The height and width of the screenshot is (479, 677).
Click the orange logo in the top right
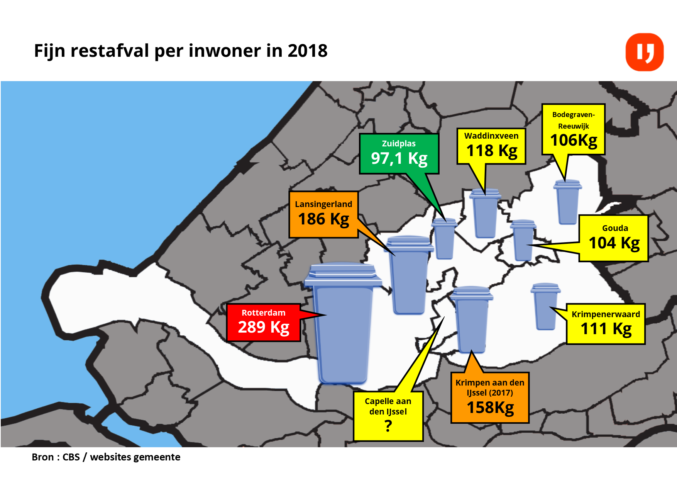click(x=644, y=52)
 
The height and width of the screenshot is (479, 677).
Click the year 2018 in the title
click(x=307, y=51)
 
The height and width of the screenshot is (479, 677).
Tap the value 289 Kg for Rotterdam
click(x=263, y=327)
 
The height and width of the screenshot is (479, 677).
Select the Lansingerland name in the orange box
click(x=323, y=204)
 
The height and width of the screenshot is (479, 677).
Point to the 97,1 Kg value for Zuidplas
click(x=399, y=158)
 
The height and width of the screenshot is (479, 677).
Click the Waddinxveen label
click(x=491, y=136)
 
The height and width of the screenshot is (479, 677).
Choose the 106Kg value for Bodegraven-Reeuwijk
click(x=573, y=140)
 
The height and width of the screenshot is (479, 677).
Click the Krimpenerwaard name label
click(x=606, y=314)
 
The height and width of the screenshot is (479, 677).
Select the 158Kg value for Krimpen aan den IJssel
click(x=490, y=408)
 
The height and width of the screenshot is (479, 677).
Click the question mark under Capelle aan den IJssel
click(x=388, y=426)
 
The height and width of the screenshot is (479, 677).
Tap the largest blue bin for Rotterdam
click(x=343, y=328)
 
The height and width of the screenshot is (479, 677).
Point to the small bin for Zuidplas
click(x=444, y=239)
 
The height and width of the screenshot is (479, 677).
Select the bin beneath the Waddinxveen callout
click(x=485, y=214)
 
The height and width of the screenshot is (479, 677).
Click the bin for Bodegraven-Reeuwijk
click(x=568, y=203)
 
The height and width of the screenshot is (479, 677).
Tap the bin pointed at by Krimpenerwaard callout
click(x=545, y=307)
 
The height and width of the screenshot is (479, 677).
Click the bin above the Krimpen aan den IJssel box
click(x=471, y=321)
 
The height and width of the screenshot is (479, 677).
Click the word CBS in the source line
click(x=71, y=457)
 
